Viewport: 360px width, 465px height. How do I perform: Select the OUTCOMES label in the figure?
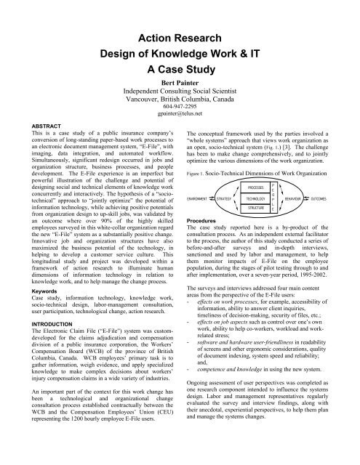pyautogui.click(x=340, y=197)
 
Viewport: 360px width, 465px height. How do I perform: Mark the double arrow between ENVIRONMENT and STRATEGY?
pyautogui.click(x=216, y=197)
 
